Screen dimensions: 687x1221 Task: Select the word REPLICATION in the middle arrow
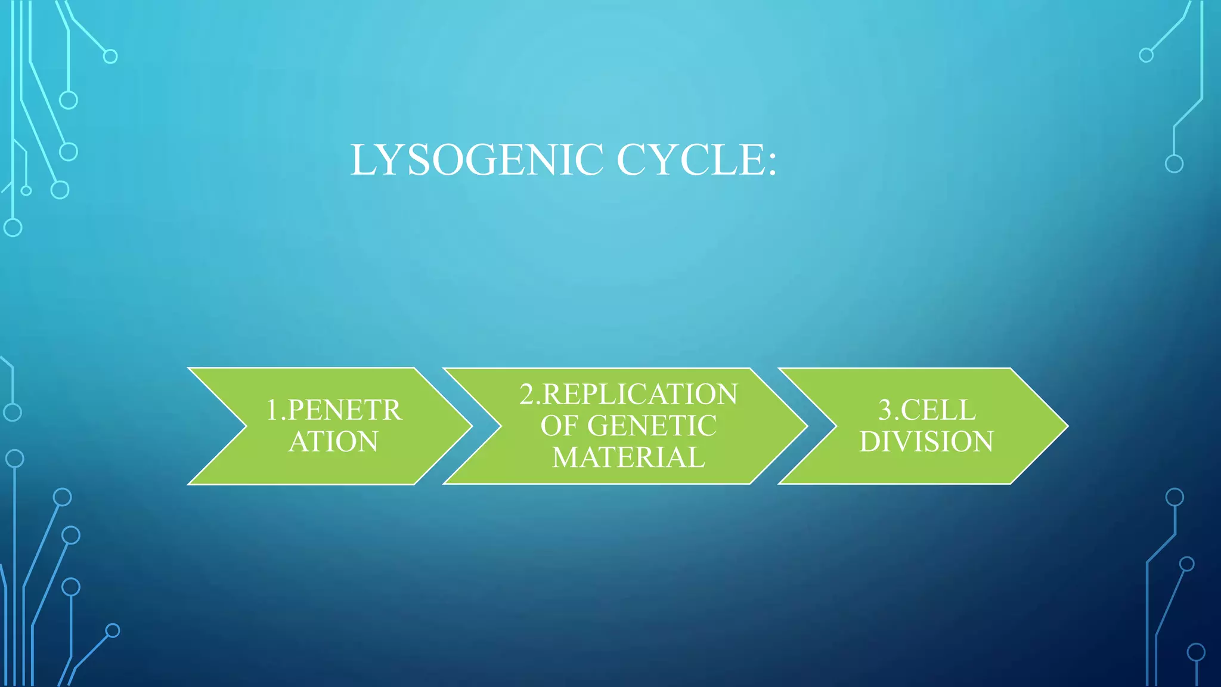640,394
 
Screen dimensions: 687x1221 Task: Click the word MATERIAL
628,457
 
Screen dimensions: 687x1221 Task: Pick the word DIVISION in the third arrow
926,442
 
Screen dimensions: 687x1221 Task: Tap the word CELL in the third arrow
938,410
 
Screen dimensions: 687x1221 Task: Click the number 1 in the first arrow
272,410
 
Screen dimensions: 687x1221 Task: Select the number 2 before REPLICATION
526,394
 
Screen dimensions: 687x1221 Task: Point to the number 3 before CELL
885,410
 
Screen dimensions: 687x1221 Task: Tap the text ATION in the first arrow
333,442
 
